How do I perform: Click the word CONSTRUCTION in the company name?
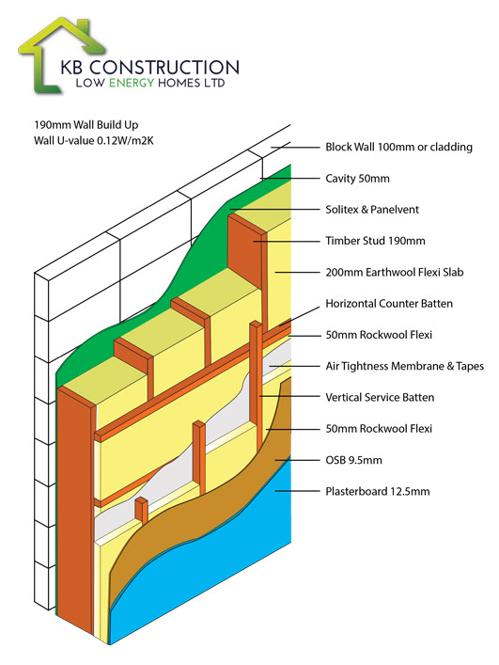(x=164, y=68)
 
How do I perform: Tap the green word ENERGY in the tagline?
(x=132, y=83)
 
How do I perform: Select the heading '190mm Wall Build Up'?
(x=86, y=125)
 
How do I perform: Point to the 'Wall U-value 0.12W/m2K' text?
(x=94, y=141)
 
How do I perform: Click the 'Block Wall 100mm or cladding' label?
(x=398, y=147)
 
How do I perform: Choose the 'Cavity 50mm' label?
(x=357, y=178)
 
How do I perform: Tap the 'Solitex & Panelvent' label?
(x=372, y=209)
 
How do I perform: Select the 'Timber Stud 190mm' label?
(x=375, y=241)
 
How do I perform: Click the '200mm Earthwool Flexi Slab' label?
(x=395, y=272)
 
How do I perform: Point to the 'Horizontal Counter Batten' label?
(x=389, y=303)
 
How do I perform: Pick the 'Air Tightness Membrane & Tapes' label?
(x=404, y=366)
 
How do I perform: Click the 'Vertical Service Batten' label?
(x=380, y=397)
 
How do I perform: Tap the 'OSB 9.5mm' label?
(x=353, y=460)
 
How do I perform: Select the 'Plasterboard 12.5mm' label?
(x=378, y=491)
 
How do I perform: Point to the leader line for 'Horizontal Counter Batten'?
(x=300, y=316)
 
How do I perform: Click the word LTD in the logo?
(x=214, y=83)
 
